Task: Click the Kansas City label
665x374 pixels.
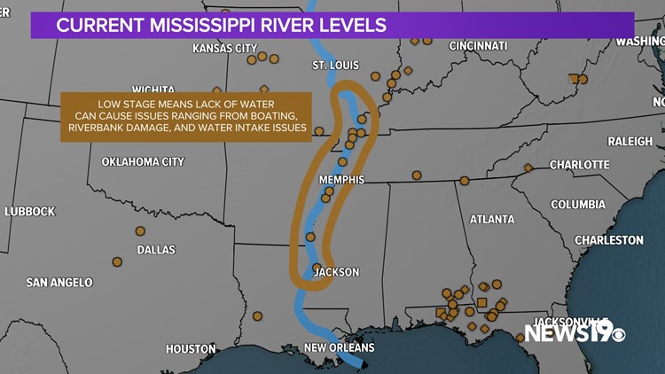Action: pos(224,48)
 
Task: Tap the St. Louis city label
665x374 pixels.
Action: pos(335,66)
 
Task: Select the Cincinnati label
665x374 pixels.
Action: pos(479,45)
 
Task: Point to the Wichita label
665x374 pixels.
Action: pos(153,90)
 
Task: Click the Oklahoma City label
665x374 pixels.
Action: pos(143,162)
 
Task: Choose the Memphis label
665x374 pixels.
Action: pos(341,180)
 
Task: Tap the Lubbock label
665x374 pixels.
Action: pos(29,211)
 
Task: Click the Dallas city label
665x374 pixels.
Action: pos(156,250)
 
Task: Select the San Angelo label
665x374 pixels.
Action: pos(59,283)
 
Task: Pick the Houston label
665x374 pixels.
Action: pos(191,348)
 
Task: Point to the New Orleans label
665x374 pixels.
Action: pos(339,347)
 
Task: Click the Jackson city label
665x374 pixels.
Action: pos(337,272)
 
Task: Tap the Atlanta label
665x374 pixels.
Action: pos(492,219)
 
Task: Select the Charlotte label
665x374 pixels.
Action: pos(579,165)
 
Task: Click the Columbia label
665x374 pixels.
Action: pos(577,204)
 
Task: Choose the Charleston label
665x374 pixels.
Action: pos(609,240)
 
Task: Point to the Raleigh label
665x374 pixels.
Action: pos(630,141)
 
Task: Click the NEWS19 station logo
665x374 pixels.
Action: pos(575,333)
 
